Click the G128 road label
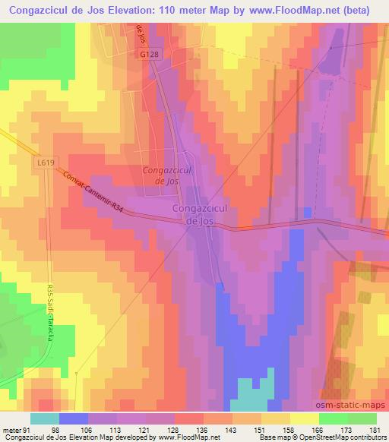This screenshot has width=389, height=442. coord(148,55)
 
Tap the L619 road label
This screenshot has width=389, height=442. coord(45,162)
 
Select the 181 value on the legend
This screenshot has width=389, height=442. coord(373,430)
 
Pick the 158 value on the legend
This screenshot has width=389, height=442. coord(286,430)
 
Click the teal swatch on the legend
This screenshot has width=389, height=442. coord(44,419)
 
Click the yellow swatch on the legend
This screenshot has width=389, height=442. coord(304,419)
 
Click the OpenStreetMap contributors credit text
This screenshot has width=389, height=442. coord(346,437)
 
